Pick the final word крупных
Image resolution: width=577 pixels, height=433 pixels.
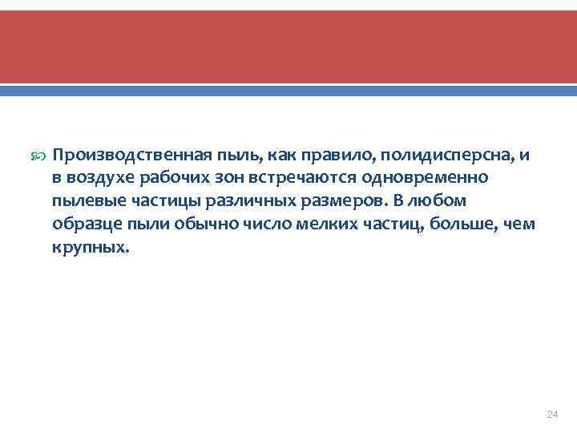coord(89,248)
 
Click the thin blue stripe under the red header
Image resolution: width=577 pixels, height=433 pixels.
coord(288,91)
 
